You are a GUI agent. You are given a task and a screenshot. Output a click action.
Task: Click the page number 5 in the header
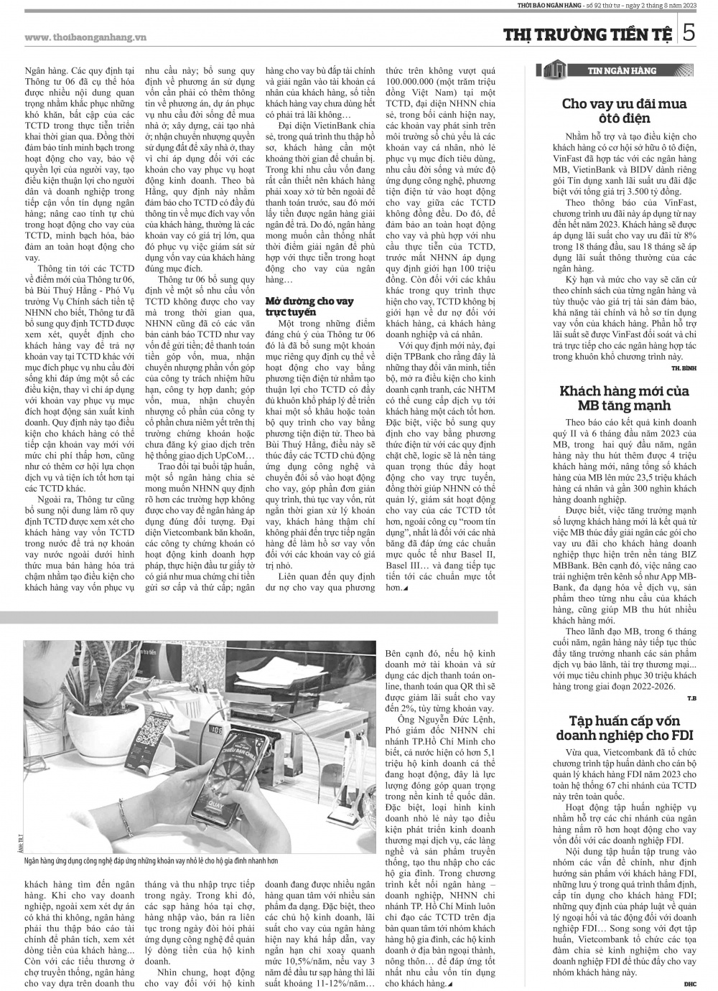click(x=687, y=34)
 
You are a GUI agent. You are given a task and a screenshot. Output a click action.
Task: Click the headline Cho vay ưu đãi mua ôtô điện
click(x=623, y=111)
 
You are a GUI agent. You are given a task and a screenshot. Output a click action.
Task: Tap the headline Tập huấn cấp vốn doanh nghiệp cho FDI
click(x=623, y=728)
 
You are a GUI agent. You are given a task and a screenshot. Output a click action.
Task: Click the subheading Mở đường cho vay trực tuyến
click(x=309, y=307)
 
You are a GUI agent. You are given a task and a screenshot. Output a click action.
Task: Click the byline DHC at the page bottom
click(x=689, y=984)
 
